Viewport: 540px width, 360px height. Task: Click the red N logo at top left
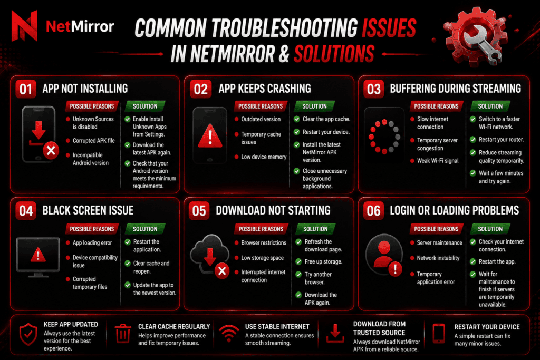[24, 26]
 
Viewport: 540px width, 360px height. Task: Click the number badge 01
[26, 89]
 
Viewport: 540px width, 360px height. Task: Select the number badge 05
[199, 211]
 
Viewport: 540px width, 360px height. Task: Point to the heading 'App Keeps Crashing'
[265, 89]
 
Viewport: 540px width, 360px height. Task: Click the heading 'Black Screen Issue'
[88, 210]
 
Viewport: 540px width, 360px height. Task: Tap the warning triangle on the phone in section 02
[210, 135]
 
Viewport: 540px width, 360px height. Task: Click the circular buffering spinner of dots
[384, 137]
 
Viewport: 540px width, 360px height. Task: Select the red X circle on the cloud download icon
[222, 271]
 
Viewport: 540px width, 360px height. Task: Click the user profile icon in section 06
[384, 255]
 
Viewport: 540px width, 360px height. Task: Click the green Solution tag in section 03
[490, 106]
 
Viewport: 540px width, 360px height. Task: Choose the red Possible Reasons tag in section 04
[92, 229]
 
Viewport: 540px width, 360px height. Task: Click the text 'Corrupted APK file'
[94, 140]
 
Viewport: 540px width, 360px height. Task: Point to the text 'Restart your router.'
[501, 140]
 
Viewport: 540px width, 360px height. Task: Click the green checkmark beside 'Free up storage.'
[298, 262]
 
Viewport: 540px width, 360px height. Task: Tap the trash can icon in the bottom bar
[122, 333]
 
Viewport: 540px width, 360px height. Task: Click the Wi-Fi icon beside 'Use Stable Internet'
[229, 333]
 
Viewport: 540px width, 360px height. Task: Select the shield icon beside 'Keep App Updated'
[28, 334]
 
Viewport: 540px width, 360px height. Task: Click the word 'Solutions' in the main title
[334, 54]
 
